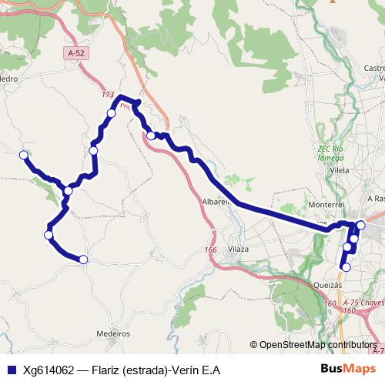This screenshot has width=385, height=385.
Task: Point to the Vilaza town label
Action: pos(239,249)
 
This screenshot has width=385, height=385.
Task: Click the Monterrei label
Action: pos(324,206)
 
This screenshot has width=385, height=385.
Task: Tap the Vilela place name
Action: pos(339,170)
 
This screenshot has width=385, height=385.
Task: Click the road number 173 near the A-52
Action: pos(107,95)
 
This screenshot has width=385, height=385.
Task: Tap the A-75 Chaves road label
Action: pos(363,303)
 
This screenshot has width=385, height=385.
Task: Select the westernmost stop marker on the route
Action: pos(23,155)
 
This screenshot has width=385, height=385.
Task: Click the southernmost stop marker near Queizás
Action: pos(346,267)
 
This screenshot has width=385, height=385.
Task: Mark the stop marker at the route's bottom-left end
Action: pos(83,259)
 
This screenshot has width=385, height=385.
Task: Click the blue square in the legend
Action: pos(11,370)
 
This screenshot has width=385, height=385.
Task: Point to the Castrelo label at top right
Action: pos(372,69)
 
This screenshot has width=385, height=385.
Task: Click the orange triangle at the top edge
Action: pos(333,2)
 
